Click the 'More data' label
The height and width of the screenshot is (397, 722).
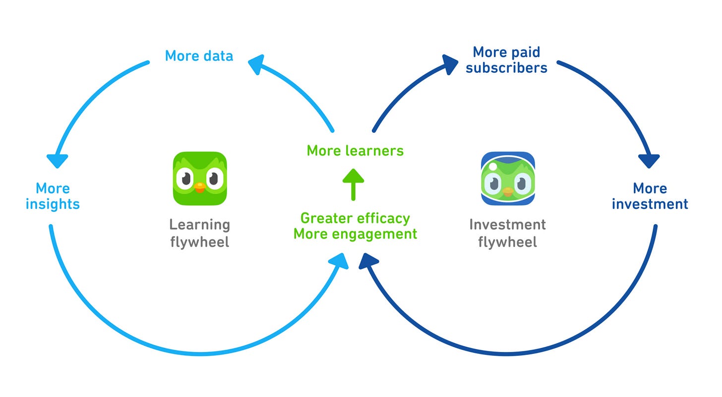coord(199,55)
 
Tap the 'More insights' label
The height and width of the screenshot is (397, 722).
coord(53,196)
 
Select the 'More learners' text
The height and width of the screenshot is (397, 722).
coord(355,150)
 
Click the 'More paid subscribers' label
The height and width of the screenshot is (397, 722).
coord(506,59)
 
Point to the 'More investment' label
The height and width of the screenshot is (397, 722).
coord(650,196)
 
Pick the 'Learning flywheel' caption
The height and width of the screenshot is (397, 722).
coord(200,233)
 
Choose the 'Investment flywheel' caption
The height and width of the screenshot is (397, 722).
coord(507,233)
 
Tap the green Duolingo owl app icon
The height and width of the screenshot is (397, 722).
coord(200,178)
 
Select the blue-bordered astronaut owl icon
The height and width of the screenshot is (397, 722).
coord(508,178)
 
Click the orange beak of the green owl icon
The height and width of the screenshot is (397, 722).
coord(199,187)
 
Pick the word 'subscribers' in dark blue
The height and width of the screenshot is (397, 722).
coord(506,68)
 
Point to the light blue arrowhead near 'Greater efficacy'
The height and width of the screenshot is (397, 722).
coord(340,260)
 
